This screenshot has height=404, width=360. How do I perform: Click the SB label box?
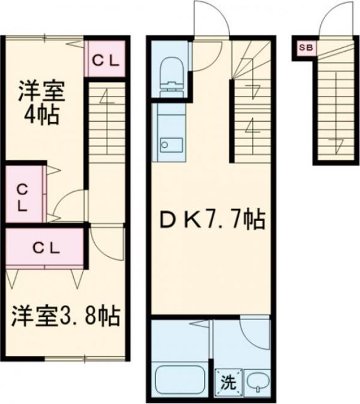click(304, 47)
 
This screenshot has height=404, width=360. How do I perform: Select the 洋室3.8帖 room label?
click(65, 315)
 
